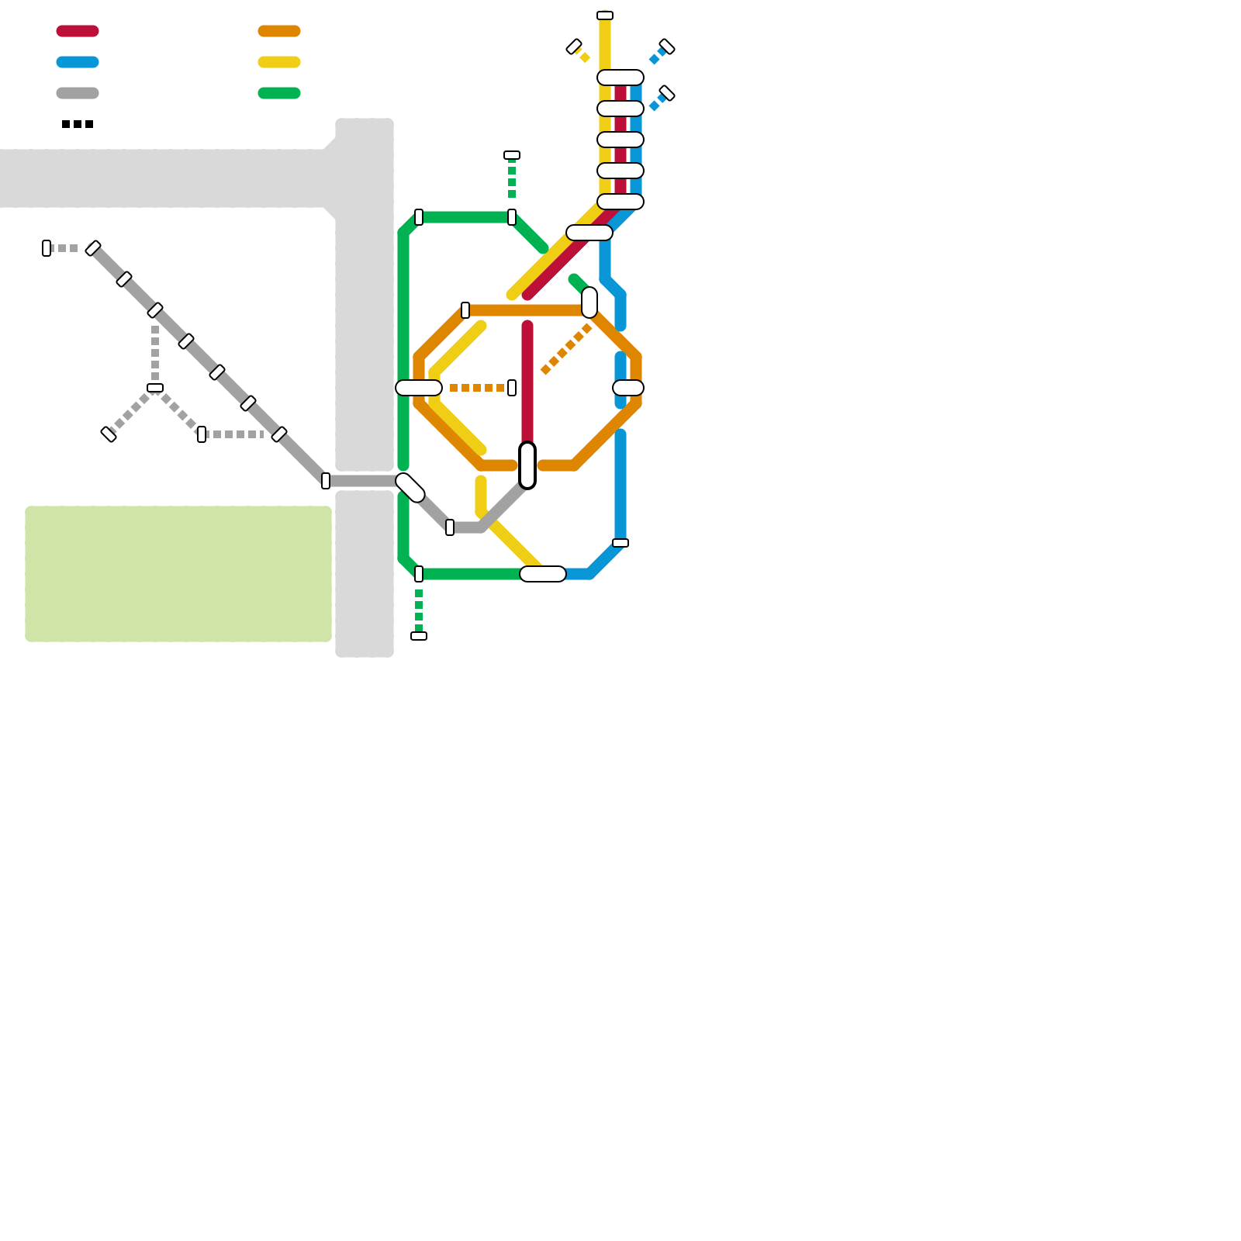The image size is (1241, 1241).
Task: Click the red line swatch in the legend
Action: click(x=78, y=31)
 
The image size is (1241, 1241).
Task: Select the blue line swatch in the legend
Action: click(x=78, y=62)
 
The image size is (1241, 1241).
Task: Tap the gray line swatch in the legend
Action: click(x=78, y=93)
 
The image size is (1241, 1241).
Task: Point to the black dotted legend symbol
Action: click(x=78, y=124)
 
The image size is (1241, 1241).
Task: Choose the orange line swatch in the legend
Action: click(x=279, y=31)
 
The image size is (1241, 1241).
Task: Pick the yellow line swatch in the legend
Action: click(x=279, y=62)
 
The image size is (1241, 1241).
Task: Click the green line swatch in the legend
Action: click(x=279, y=93)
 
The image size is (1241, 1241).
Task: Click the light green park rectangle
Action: click(x=178, y=574)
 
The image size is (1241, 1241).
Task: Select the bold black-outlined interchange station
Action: click(x=527, y=465)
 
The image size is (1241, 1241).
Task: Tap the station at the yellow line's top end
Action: click(x=605, y=16)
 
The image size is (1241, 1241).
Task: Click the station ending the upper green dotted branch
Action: click(x=512, y=155)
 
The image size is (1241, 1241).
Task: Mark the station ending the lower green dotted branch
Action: click(x=419, y=636)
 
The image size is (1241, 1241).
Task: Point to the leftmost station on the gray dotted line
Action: click(x=47, y=248)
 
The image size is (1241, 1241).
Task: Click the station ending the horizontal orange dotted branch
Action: click(x=512, y=388)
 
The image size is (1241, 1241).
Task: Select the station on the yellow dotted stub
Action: click(x=574, y=47)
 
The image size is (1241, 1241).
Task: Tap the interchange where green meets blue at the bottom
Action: click(x=543, y=574)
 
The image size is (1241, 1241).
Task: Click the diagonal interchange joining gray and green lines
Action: click(x=410, y=488)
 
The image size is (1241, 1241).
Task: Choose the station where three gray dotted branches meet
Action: click(x=155, y=388)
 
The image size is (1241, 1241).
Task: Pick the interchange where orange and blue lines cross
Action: click(x=628, y=388)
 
